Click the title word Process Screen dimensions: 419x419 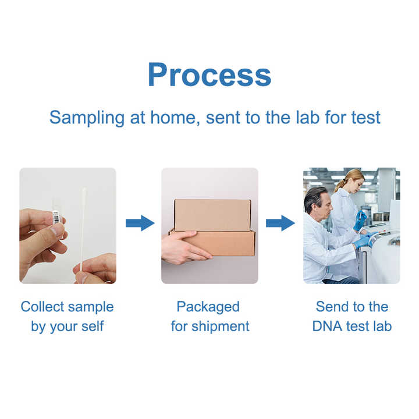[210, 74]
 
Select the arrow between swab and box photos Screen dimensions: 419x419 [140, 223]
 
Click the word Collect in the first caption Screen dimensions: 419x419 [41, 307]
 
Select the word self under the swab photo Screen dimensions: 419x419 [91, 326]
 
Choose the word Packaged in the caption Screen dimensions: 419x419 [208, 307]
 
